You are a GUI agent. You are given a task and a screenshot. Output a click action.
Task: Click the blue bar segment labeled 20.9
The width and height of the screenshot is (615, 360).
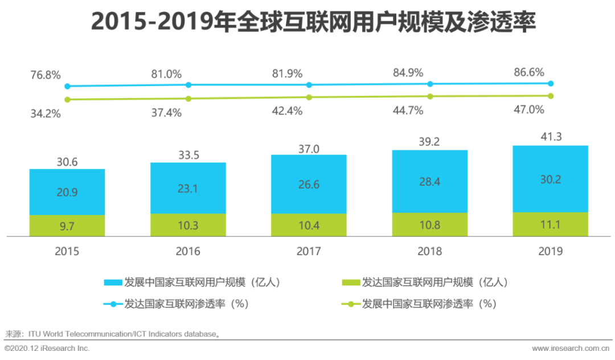tap(67, 192)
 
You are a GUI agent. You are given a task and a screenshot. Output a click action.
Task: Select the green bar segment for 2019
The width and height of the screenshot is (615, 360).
tap(550, 224)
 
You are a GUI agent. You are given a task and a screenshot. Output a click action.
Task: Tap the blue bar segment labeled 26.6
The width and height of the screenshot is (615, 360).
tap(309, 184)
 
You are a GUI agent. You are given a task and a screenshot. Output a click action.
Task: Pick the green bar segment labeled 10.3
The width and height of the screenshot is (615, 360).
tap(188, 225)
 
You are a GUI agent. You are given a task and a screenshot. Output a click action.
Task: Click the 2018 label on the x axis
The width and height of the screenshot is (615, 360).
tap(429, 251)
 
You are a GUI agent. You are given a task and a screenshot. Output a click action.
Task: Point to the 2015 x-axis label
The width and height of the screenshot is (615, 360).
tap(67, 251)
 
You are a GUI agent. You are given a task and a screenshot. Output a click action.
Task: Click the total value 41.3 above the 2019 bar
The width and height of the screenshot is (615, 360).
tap(550, 137)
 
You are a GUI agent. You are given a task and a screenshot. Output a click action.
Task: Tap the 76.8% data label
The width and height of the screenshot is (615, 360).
tap(46, 75)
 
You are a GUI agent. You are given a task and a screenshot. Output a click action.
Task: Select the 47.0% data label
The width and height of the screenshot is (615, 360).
tap(529, 109)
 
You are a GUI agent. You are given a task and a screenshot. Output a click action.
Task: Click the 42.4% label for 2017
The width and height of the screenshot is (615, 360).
tap(287, 111)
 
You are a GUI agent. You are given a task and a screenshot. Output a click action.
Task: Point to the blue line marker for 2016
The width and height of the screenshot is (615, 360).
tap(188, 85)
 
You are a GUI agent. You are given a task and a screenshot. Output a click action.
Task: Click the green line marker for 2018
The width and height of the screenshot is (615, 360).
tap(430, 96)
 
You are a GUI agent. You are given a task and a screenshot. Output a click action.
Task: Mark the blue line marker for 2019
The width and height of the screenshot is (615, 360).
tap(551, 83)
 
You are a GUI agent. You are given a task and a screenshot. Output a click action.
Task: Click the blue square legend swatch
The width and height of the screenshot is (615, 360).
tap(113, 283)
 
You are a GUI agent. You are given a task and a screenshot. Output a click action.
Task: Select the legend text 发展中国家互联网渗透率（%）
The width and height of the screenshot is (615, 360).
tap(429, 304)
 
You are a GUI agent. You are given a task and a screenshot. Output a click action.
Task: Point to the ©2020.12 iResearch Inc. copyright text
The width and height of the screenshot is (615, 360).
tap(47, 348)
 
